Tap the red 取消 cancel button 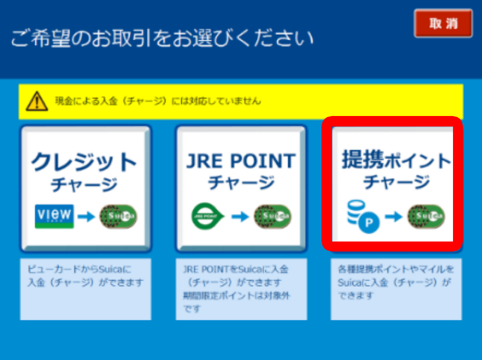pos(443,23)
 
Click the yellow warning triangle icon pos(37,101)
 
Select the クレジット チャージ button pos(86,188)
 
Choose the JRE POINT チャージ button pos(241,188)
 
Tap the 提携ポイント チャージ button pos(392,184)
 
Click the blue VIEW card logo pos(54,216)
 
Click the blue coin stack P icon pos(363,216)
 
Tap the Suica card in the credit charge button pos(118,216)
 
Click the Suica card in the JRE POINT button pos(272,216)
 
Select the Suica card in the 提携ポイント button pos(426,216)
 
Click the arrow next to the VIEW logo pos(86,216)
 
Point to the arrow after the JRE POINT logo pos(240,216)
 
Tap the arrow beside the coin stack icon pos(393,216)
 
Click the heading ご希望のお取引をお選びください pos(162,38)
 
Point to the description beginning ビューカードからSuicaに pos(85,276)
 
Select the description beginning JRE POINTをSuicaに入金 pos(236,288)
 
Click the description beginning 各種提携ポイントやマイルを pos(395,282)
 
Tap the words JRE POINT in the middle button pos(241,161)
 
